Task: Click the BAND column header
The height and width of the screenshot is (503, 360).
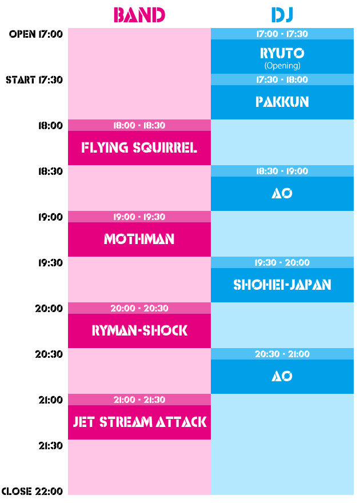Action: [x=139, y=15]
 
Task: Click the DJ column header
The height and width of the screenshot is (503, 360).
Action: [x=282, y=15]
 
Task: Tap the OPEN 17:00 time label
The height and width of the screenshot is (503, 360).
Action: [x=35, y=34]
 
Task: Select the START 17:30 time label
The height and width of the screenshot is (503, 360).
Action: [x=34, y=80]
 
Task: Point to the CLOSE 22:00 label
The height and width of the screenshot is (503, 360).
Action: [x=32, y=491]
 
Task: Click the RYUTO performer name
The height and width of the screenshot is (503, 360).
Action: [x=282, y=53]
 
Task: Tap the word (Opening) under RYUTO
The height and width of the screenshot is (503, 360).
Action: [x=282, y=66]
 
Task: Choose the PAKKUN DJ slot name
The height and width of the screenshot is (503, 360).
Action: [x=282, y=102]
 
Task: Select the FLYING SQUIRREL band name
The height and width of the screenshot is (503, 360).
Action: [x=139, y=148]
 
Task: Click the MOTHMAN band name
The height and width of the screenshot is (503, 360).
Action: [x=139, y=239]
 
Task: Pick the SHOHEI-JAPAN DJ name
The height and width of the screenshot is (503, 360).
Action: [x=282, y=285]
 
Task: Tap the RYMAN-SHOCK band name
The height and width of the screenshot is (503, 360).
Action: [x=139, y=331]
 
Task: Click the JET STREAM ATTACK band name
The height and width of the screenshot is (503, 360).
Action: [x=139, y=422]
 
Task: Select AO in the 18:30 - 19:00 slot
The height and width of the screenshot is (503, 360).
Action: [x=282, y=194]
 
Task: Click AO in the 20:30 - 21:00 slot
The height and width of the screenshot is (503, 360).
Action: [x=282, y=376]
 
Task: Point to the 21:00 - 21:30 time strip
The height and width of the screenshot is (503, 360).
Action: [x=139, y=400]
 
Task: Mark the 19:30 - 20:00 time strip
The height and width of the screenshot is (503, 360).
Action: [x=282, y=262]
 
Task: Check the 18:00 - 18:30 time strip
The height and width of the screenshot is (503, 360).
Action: [x=139, y=125]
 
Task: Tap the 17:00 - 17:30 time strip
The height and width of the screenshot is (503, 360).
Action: [x=282, y=34]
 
